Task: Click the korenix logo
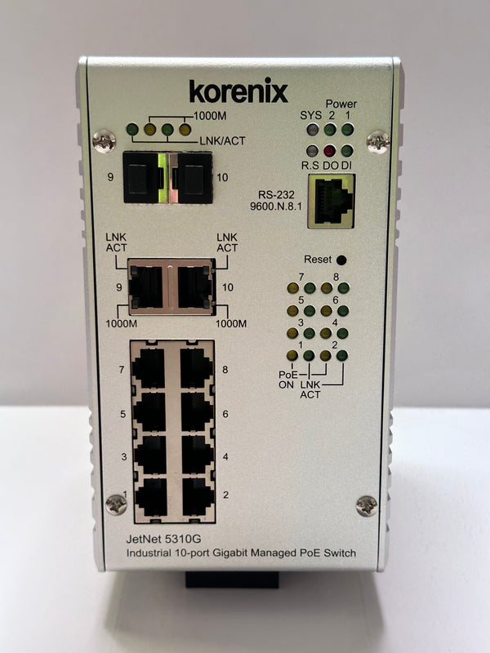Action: pyautogui.click(x=238, y=91)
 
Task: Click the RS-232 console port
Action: pyautogui.click(x=332, y=201)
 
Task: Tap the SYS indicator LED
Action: pyautogui.click(x=312, y=130)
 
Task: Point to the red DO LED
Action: pyautogui.click(x=330, y=151)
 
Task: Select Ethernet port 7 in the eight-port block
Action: pyautogui.click(x=149, y=368)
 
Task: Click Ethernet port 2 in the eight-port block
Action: pyautogui.click(x=198, y=497)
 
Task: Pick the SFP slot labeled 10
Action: pyautogui.click(x=194, y=178)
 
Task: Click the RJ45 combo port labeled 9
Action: pyautogui.click(x=146, y=287)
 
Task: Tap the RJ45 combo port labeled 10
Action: pyautogui.click(x=194, y=287)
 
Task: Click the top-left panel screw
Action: pyautogui.click(x=105, y=141)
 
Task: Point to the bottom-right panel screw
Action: pyautogui.click(x=367, y=506)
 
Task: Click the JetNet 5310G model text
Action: pyautogui.click(x=164, y=539)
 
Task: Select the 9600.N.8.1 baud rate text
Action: pyautogui.click(x=275, y=206)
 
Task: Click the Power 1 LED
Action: pyautogui.click(x=348, y=130)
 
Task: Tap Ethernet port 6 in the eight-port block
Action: pyautogui.click(x=198, y=411)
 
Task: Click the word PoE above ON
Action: pyautogui.click(x=288, y=375)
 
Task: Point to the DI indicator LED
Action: pyautogui.click(x=346, y=151)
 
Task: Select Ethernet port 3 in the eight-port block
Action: pyautogui.click(x=150, y=455)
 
